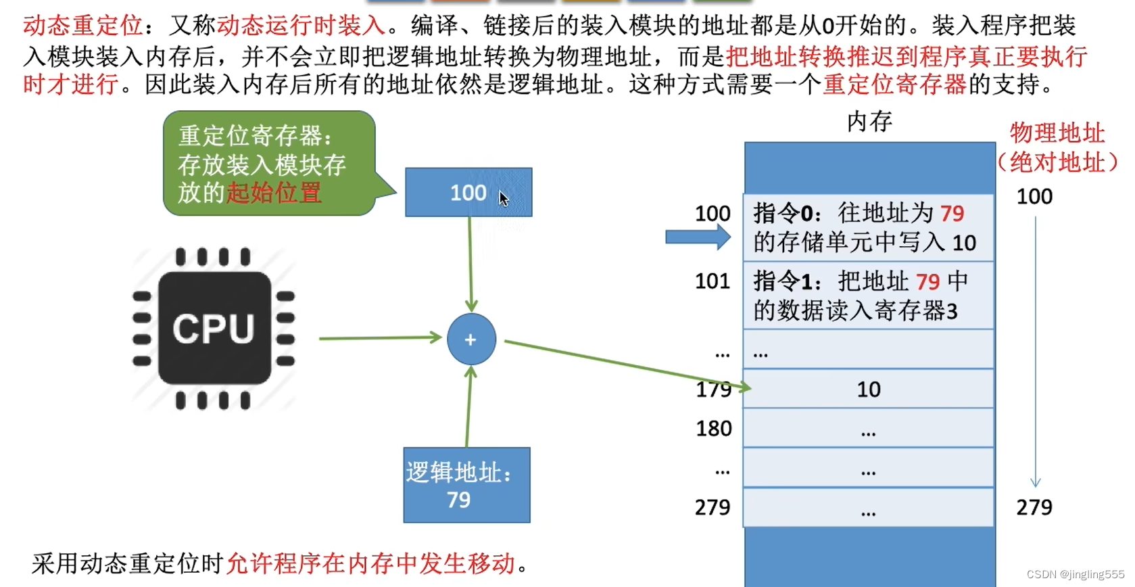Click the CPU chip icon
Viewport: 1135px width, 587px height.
[x=214, y=329]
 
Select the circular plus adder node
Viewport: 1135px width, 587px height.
[x=471, y=339]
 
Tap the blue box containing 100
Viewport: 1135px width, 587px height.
[x=468, y=193]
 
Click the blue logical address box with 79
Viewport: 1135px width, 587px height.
[x=466, y=485]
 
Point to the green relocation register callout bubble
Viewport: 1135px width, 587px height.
[x=268, y=164]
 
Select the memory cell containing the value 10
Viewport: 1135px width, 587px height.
[x=869, y=389]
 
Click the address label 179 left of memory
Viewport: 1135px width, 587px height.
[x=713, y=390]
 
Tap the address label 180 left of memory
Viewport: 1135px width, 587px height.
[x=714, y=428]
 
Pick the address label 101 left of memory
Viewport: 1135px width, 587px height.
[x=713, y=281]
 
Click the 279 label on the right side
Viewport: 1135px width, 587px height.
[x=1034, y=507]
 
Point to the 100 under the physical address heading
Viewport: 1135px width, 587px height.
[x=1034, y=197]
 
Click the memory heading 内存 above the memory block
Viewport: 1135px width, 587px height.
[x=869, y=122]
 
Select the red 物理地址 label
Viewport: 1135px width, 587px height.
[x=1057, y=133]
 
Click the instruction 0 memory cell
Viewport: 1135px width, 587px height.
[x=868, y=228]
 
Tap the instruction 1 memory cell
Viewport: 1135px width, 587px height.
[x=868, y=296]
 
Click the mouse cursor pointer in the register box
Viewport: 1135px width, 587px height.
[x=504, y=199]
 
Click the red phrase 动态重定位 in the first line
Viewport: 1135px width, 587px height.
[x=82, y=26]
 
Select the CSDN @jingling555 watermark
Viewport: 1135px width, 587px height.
[x=1076, y=574]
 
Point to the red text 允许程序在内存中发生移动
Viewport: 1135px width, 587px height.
[x=370, y=563]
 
